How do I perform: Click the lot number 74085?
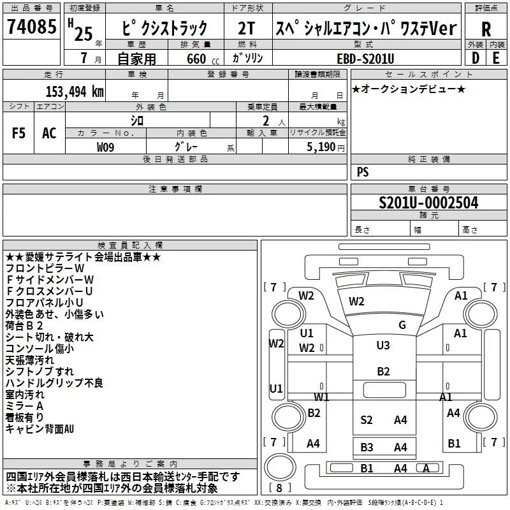coord(31,26)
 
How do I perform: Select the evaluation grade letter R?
coord(486,29)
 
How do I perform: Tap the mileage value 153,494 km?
coord(75,92)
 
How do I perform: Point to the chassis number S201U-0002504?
coord(428,203)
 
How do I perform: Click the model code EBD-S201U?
coord(365,59)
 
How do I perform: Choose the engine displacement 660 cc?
coord(203,59)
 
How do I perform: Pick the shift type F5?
coord(18,133)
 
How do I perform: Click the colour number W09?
coord(105,147)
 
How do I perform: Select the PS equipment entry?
coord(363,171)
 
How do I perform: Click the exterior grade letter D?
coord(476,58)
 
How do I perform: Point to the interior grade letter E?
coord(496,58)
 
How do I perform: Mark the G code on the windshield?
coord(402,324)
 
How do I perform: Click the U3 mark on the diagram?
coord(383,345)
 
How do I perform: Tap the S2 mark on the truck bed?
coord(366,420)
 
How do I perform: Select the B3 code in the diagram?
coord(367,448)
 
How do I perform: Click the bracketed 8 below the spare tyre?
coord(279,488)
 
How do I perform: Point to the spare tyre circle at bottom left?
coord(280,467)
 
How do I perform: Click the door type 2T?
coord(246,28)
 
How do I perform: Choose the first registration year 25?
coord(84,34)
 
